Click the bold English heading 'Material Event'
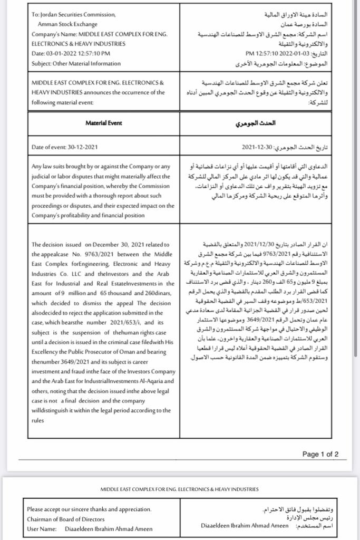point(104,123)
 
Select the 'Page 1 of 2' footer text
point(320,454)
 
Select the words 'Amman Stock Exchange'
point(71,24)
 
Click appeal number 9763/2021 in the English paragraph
point(91,254)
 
